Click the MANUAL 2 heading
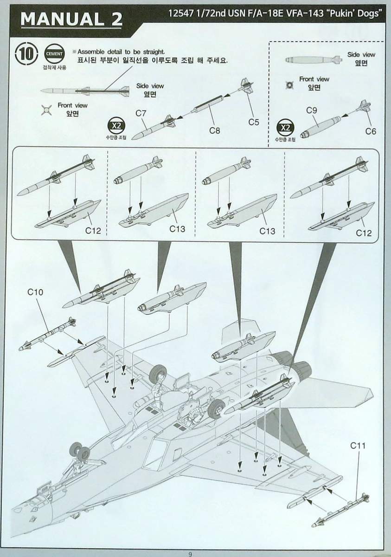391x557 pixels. tap(71, 19)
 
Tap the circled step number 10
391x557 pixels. tap(26, 54)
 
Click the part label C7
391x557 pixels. tap(141, 113)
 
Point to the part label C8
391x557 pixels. tap(214, 130)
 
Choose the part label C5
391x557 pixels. tap(253, 123)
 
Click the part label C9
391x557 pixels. tap(312, 110)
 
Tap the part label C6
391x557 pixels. tap(370, 131)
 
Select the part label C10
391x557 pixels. tap(35, 292)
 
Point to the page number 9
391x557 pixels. tap(190, 553)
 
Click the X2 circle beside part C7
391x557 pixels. tap(115, 126)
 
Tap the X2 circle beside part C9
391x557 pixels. tap(285, 127)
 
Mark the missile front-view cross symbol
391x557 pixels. tap(45, 110)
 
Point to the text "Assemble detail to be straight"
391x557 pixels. tap(122, 52)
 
